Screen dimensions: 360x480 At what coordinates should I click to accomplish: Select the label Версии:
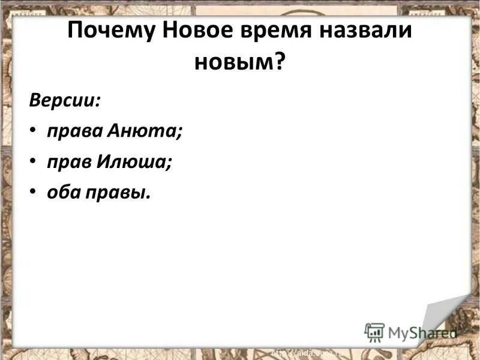65,99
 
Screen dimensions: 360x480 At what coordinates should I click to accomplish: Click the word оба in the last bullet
61,193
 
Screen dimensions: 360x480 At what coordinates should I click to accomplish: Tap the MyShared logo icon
374,332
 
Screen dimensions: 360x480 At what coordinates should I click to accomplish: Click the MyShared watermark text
422,332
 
